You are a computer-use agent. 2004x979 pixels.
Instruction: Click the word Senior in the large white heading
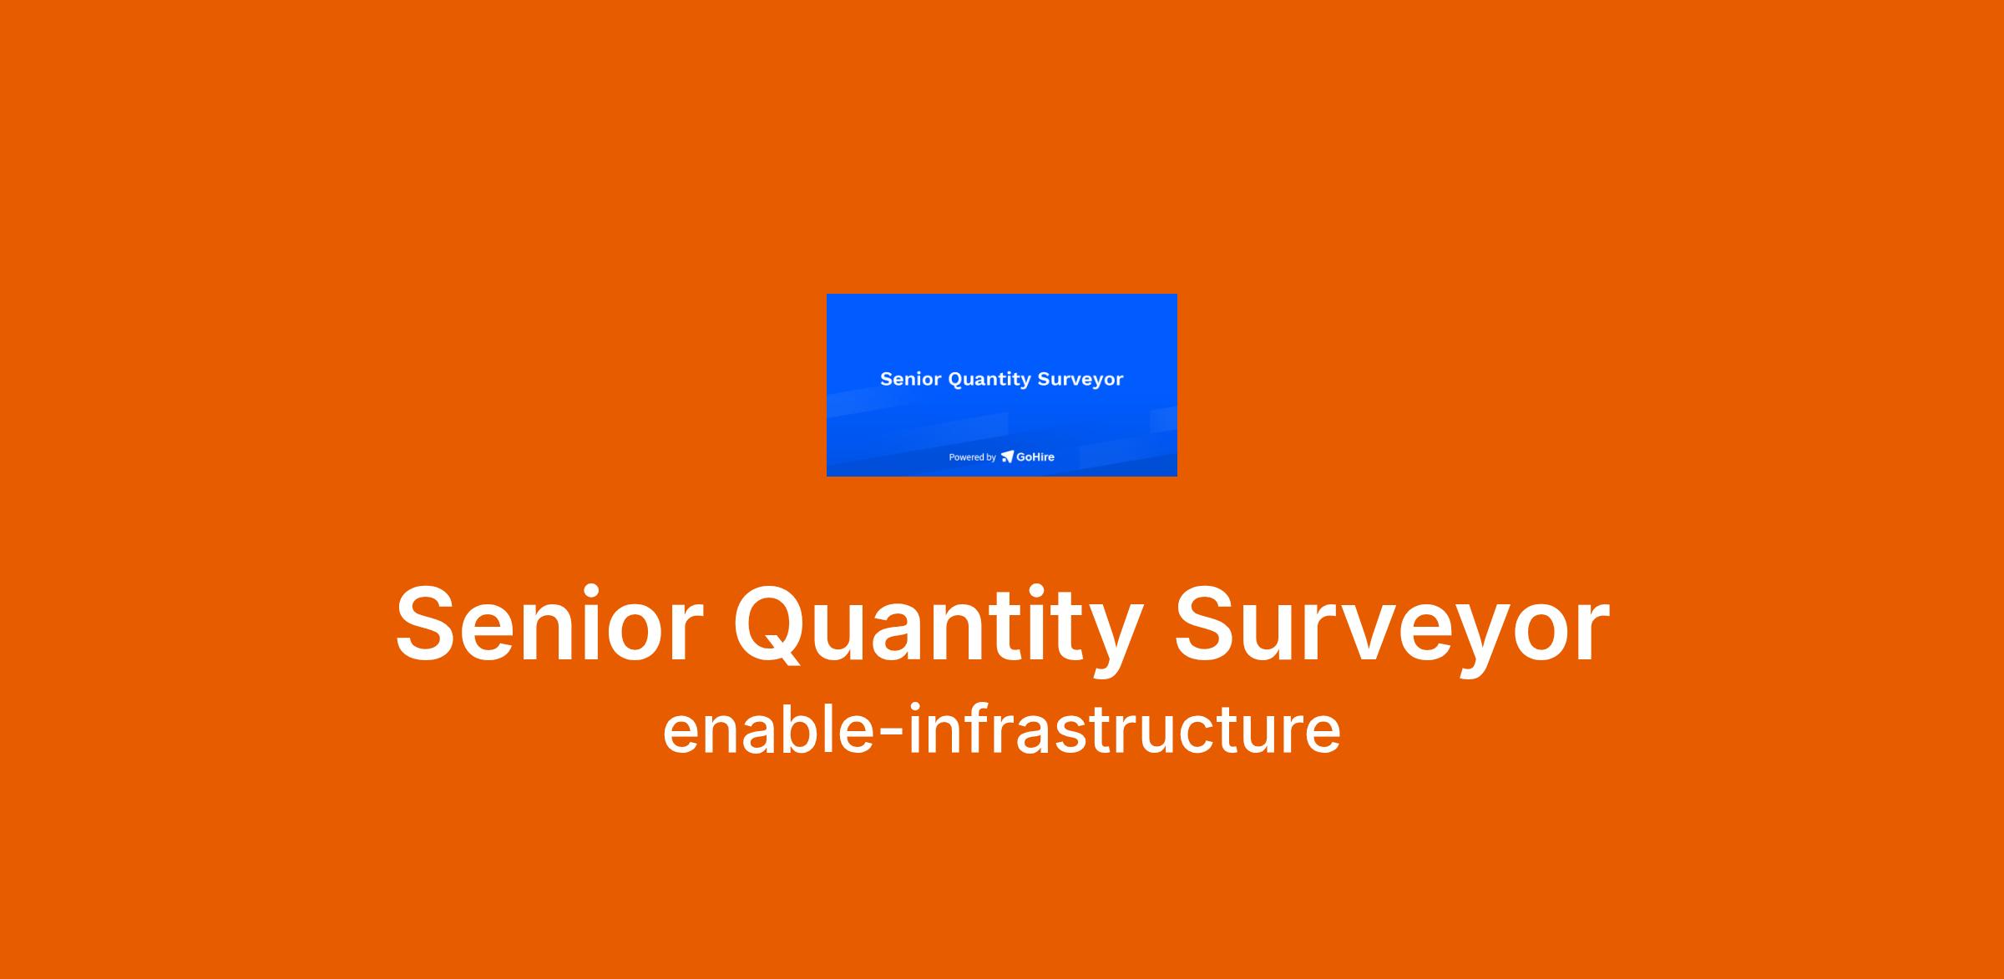point(549,625)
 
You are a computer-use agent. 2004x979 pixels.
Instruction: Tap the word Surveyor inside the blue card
point(1080,381)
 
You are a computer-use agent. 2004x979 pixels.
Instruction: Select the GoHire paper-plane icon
point(1007,457)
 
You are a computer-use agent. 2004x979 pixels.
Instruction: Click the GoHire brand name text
point(1035,457)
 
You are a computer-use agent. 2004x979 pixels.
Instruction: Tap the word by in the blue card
point(991,458)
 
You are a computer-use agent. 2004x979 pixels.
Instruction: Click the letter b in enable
point(787,729)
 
